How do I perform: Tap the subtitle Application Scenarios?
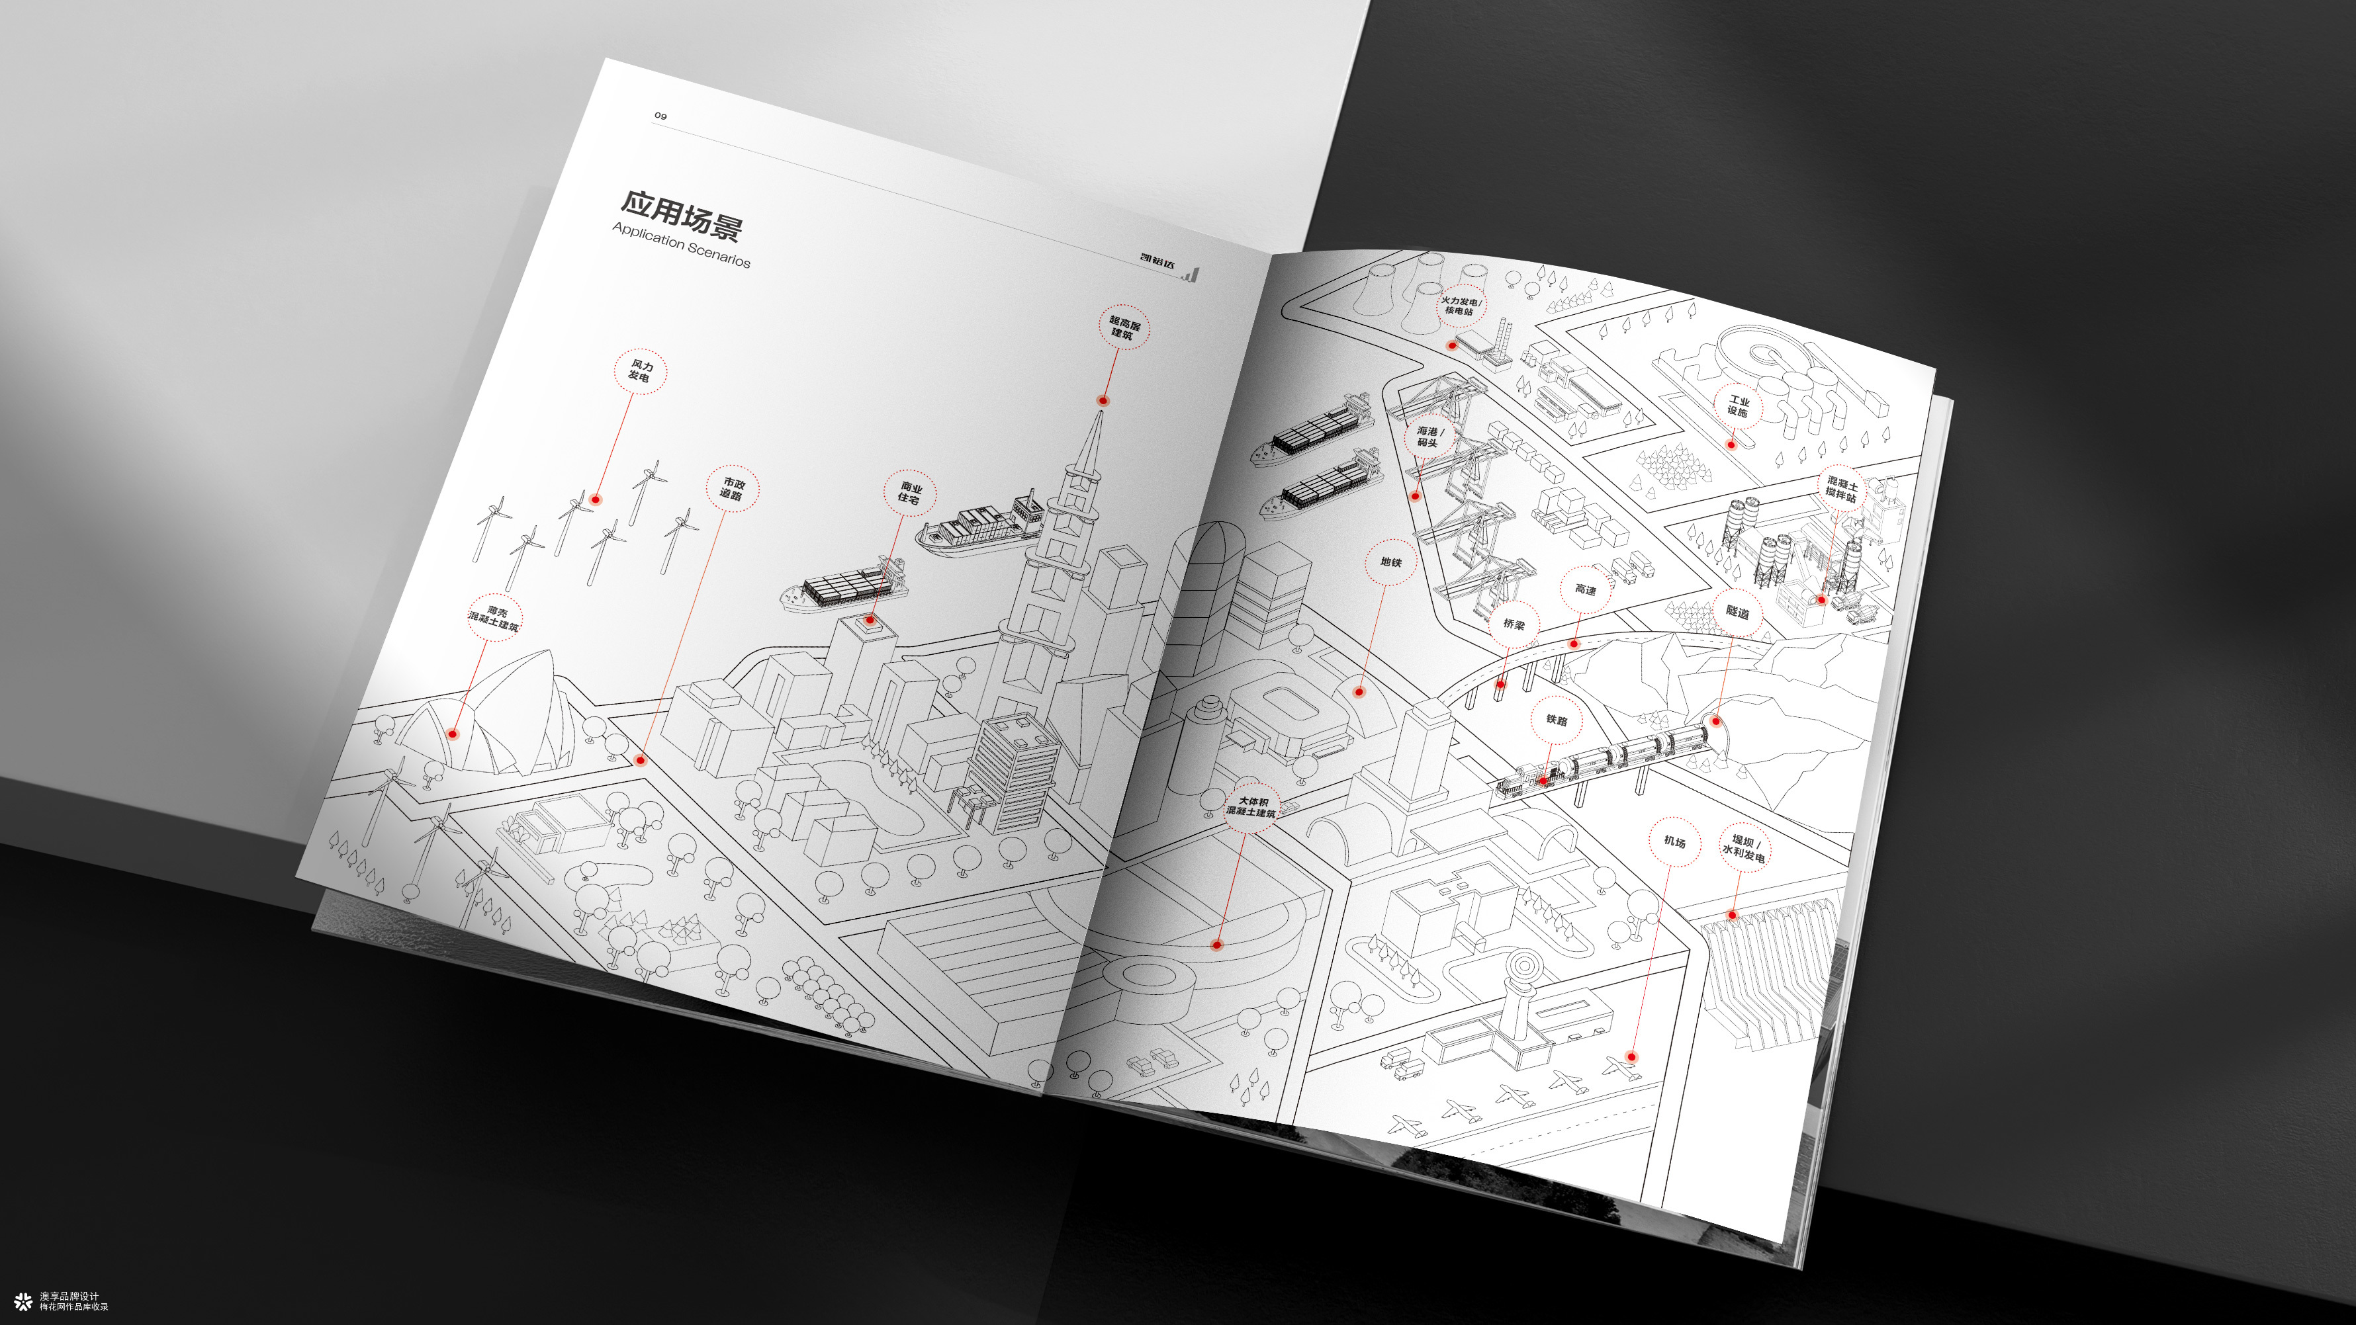point(682,245)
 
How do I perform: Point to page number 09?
point(660,116)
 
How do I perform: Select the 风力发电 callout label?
point(640,370)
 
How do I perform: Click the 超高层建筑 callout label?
point(1124,328)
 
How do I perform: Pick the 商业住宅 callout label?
point(910,493)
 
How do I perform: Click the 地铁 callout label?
point(1391,562)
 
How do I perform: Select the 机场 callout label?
point(1674,841)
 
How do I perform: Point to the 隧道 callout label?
point(1737,612)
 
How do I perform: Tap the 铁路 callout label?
point(1557,720)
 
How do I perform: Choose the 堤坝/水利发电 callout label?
point(1744,847)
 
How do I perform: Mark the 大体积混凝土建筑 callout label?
point(1251,806)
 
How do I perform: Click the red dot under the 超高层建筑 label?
point(1103,400)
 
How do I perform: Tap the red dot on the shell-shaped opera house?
point(453,734)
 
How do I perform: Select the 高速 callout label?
point(1586,590)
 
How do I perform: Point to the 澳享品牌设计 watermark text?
point(69,1297)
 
